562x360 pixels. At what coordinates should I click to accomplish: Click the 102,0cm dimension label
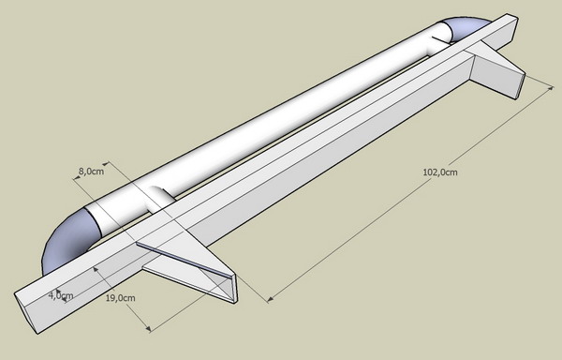(440, 172)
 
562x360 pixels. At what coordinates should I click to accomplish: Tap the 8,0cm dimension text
(91, 172)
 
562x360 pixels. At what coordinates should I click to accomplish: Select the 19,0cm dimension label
(121, 298)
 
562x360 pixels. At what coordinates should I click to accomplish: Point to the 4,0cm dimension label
(61, 296)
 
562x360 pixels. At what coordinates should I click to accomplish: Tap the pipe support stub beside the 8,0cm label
(160, 198)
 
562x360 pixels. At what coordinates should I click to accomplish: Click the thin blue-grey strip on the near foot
(184, 261)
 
